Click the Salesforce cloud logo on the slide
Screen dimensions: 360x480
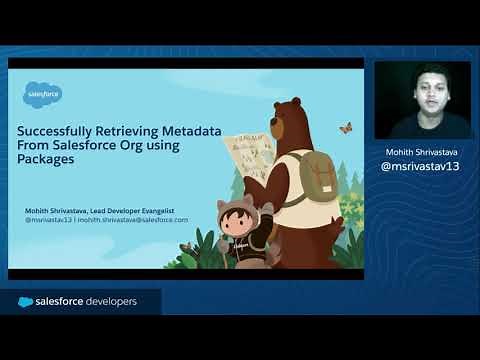(43, 95)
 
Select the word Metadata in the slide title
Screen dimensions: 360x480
(193, 130)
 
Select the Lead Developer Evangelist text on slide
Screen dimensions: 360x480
(141, 210)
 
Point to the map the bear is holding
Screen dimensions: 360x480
(249, 156)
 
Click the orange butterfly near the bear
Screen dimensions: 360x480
(346, 128)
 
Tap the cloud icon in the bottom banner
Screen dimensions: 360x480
(25, 302)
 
